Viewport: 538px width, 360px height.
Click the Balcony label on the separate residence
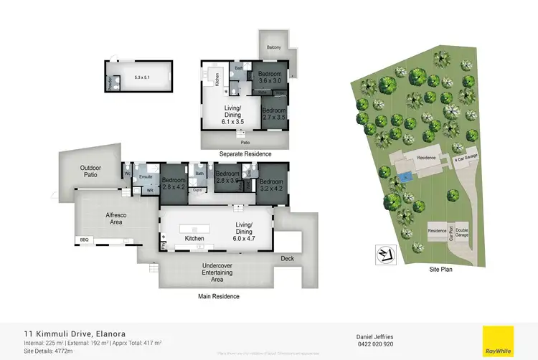tap(273, 47)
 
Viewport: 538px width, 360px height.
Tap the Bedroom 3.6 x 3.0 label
tap(271, 77)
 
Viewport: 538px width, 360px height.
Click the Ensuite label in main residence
tap(146, 176)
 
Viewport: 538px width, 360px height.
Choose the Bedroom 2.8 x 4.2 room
tap(174, 183)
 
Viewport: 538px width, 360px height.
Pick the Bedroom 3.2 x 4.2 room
tap(272, 185)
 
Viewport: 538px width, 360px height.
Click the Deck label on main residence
tap(287, 258)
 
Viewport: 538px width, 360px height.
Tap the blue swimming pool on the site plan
tap(406, 176)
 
